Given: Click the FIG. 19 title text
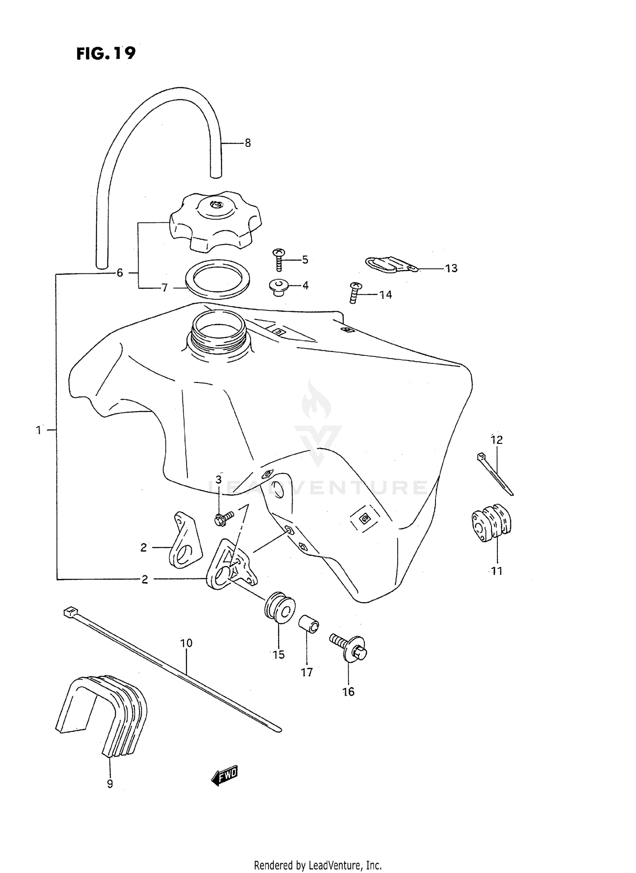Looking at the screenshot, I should pyautogui.click(x=106, y=53).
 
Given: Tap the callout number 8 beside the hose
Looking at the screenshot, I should pyautogui.click(x=248, y=143).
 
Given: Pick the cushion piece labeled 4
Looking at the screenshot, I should pyautogui.click(x=278, y=287).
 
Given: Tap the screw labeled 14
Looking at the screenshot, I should pyautogui.click(x=355, y=293).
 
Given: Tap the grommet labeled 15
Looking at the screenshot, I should pyautogui.click(x=279, y=608).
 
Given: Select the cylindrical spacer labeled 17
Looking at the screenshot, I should pyautogui.click(x=309, y=625).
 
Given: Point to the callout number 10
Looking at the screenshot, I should pyautogui.click(x=186, y=643).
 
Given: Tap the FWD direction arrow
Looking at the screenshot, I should pyautogui.click(x=225, y=774).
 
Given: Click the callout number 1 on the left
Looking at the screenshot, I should pyautogui.click(x=39, y=430).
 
